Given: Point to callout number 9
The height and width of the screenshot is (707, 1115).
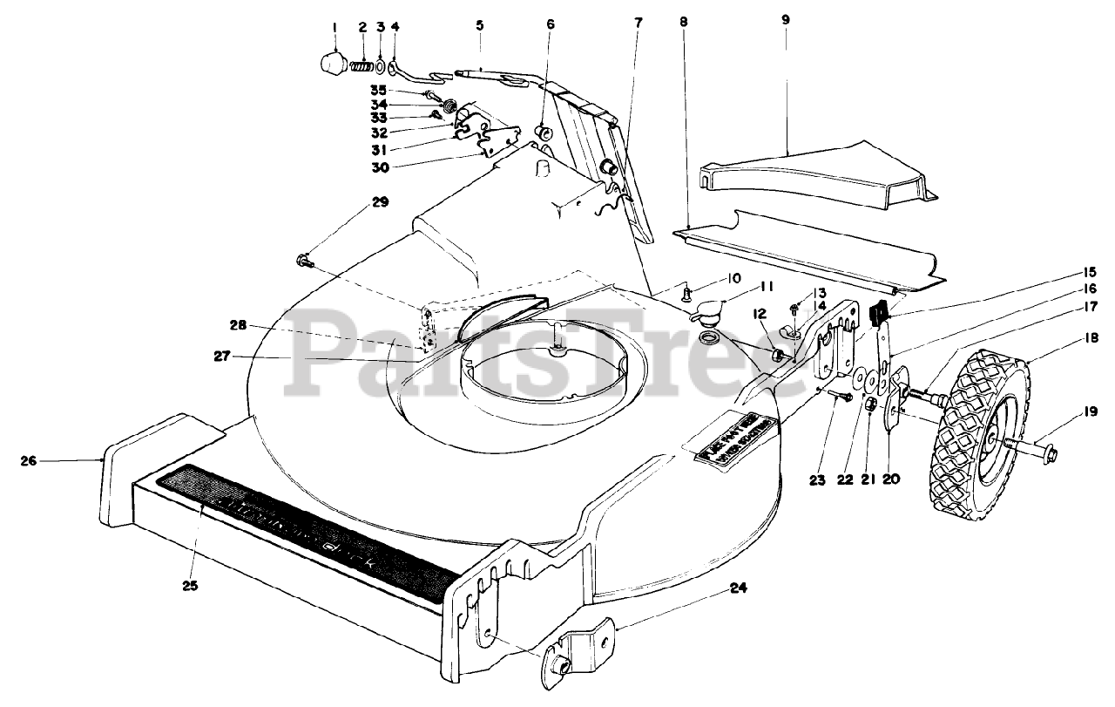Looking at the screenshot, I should tap(785, 18).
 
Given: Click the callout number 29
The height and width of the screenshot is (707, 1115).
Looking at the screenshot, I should tap(380, 202).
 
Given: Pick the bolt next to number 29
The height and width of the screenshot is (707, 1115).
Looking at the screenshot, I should tap(305, 259).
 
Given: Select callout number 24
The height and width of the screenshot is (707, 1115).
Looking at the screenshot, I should tap(739, 588).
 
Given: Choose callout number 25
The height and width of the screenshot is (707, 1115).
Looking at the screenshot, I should tap(191, 585).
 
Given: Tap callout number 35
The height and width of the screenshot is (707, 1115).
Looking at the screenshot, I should tap(377, 90).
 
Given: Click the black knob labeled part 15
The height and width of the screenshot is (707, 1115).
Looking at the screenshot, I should tap(879, 309).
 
